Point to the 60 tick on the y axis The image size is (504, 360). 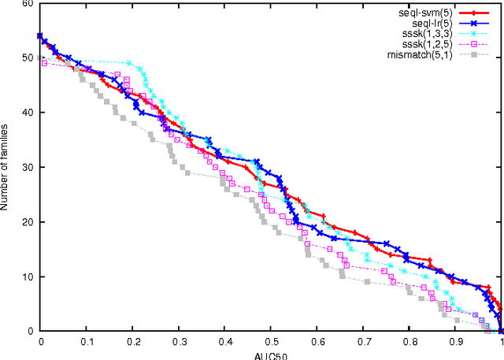(x=29, y=4)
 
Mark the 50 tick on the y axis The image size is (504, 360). (x=29, y=58)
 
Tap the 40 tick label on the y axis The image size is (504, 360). (x=29, y=113)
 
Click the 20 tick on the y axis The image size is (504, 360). (x=29, y=222)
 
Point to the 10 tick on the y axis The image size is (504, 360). (x=29, y=276)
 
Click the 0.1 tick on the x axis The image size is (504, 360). (x=87, y=342)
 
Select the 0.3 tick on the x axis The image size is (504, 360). (x=179, y=342)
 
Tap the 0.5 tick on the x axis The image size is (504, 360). (x=271, y=342)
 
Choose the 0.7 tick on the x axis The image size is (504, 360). (x=363, y=342)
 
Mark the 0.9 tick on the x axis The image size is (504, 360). (x=455, y=342)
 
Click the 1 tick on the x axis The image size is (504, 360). (x=502, y=342)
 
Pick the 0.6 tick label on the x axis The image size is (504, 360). (x=317, y=342)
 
